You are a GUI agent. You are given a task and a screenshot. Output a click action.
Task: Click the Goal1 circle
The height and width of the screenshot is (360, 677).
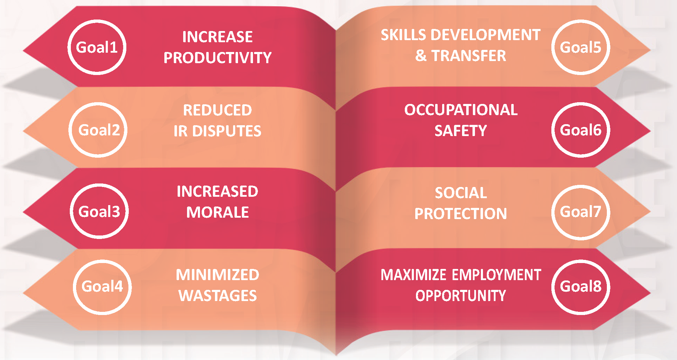click(x=97, y=47)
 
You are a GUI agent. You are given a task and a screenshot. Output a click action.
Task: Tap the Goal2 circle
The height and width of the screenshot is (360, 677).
click(x=98, y=130)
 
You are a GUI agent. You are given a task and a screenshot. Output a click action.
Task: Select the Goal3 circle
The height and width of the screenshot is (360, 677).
click(x=99, y=211)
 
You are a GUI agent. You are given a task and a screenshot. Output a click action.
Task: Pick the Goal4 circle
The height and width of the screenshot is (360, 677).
click(x=102, y=287)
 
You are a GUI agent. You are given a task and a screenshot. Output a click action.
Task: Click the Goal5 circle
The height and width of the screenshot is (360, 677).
click(x=581, y=47)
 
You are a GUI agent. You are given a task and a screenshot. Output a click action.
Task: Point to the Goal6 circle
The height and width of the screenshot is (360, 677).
click(x=581, y=130)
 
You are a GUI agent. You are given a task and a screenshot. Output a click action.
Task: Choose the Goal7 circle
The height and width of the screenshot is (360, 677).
click(x=581, y=212)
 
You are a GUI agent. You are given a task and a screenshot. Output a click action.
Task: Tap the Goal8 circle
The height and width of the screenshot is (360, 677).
click(x=581, y=287)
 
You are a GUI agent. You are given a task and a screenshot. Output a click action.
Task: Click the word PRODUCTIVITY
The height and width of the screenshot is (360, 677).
click(x=217, y=58)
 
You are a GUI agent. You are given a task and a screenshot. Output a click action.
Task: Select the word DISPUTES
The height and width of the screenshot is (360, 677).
click(x=227, y=131)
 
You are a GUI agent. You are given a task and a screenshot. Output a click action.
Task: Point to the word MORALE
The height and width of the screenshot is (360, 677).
click(x=217, y=212)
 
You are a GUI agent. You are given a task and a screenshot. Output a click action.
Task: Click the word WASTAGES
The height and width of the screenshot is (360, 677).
click(x=217, y=296)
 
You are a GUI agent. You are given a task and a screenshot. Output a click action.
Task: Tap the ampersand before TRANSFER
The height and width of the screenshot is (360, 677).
click(x=421, y=56)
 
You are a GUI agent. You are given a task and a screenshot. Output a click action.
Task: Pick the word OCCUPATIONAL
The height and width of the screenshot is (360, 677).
click(x=461, y=110)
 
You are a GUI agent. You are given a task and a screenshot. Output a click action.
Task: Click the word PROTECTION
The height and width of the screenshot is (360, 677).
click(x=461, y=214)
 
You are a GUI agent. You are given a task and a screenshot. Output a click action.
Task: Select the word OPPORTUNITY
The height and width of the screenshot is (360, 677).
click(x=461, y=296)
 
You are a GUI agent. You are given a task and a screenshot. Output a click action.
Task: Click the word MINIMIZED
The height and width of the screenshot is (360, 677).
click(x=217, y=275)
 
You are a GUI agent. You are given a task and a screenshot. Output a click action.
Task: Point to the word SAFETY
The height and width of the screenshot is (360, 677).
click(x=461, y=131)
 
